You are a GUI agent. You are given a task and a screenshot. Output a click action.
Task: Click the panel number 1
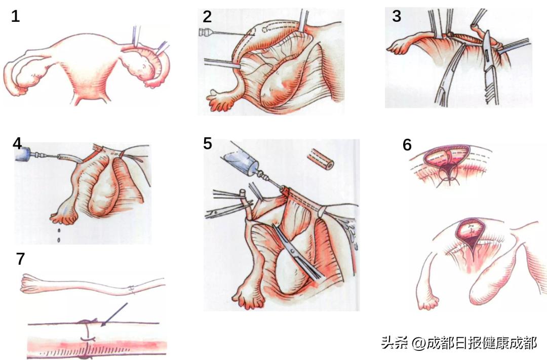coord(16,16)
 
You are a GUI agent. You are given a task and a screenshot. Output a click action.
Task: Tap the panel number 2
coord(207,16)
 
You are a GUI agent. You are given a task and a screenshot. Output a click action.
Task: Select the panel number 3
coord(396,16)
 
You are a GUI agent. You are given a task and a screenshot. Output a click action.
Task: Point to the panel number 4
coord(17,143)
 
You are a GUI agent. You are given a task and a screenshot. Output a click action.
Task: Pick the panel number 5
coord(208,143)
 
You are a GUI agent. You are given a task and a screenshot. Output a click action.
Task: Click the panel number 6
coord(407,145)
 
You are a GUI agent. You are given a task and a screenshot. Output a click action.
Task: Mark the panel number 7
coord(20,259)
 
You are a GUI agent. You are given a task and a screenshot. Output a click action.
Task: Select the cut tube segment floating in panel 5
coord(320,158)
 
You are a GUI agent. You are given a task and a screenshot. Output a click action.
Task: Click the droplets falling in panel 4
coord(60,235)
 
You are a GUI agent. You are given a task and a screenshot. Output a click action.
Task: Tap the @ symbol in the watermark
coord(418,343)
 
